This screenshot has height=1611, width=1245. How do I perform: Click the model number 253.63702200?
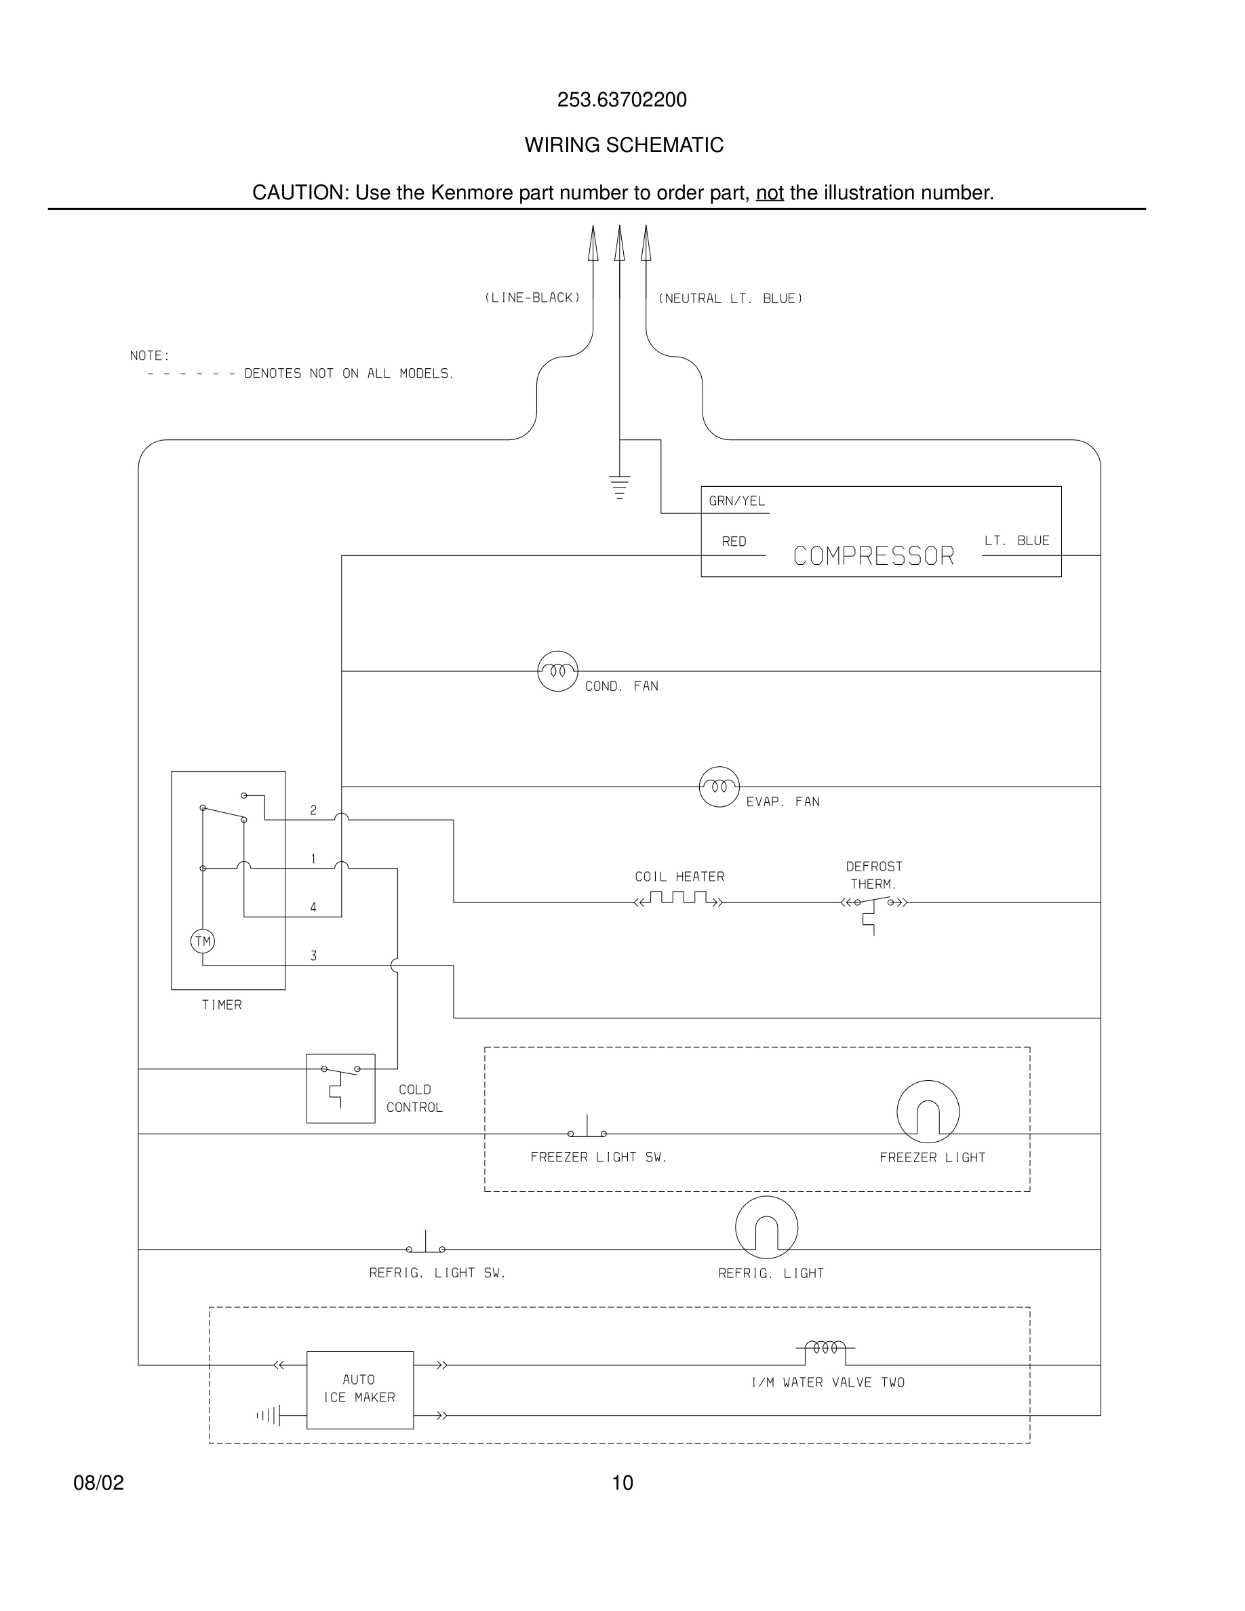[x=621, y=100]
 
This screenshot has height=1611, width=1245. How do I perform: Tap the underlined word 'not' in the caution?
[x=769, y=193]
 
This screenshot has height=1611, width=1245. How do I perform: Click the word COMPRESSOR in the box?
[x=873, y=556]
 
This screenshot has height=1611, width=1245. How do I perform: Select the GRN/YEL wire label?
[x=736, y=502]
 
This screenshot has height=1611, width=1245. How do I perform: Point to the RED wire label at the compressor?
[x=734, y=542]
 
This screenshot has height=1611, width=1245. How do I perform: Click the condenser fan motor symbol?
[x=557, y=671]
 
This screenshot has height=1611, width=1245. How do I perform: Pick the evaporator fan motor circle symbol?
[x=719, y=787]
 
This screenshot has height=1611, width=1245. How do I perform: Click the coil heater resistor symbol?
[x=679, y=899]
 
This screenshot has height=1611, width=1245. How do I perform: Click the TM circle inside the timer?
[x=203, y=941]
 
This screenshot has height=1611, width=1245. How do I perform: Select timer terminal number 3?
[x=313, y=956]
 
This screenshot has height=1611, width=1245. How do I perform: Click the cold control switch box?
[x=341, y=1088]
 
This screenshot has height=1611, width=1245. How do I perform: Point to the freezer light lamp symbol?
[x=928, y=1113]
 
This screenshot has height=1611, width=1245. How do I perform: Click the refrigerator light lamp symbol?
[x=766, y=1227]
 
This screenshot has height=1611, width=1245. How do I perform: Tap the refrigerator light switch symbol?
[x=426, y=1246]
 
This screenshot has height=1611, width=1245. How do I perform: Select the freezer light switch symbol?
[x=587, y=1130]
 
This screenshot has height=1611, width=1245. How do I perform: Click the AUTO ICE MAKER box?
[x=360, y=1390]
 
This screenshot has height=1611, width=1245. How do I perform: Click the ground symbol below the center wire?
[x=620, y=487]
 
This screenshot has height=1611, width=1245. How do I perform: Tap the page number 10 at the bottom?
[x=622, y=1483]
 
